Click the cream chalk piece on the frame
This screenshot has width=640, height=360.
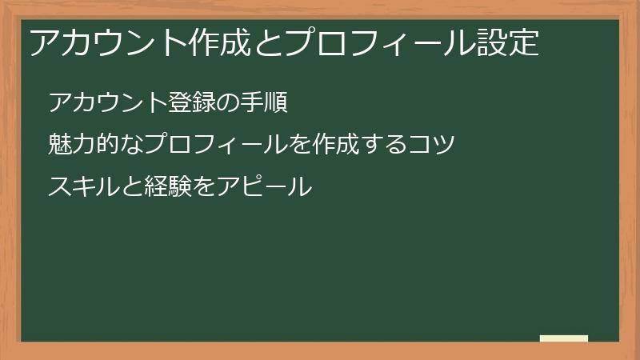click(x=564, y=338)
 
